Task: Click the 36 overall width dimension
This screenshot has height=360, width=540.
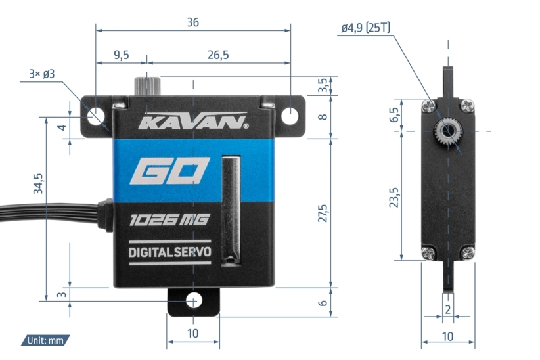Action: pos(192,22)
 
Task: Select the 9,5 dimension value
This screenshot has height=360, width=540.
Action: pos(120,55)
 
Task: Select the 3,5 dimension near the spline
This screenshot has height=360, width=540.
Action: pos(322,85)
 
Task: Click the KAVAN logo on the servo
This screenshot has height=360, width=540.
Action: pos(192,123)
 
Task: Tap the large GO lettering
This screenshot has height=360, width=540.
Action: pos(169,172)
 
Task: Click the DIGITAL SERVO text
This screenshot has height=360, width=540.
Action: pos(170,252)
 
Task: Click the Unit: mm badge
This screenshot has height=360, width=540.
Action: pos(45,340)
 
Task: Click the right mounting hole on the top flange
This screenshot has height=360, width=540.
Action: pos(290,116)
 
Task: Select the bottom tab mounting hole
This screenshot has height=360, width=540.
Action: pos(193,301)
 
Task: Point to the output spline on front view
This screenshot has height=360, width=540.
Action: pos(145,86)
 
